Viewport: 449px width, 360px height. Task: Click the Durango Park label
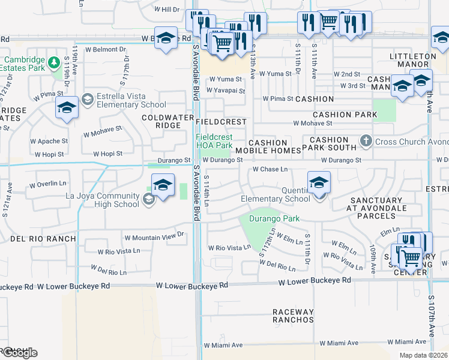274,218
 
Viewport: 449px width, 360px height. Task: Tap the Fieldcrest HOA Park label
214,141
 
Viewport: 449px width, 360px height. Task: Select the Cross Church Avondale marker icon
367,142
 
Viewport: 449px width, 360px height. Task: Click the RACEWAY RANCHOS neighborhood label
293,316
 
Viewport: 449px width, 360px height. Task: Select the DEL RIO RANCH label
43,239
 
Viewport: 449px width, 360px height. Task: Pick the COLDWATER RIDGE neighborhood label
161,121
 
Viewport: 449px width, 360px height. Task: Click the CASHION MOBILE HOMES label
268,146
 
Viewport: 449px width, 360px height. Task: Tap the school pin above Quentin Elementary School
319,182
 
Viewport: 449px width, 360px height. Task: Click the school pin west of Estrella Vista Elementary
67,109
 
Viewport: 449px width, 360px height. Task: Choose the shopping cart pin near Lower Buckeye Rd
411,259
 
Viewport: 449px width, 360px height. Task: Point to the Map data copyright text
424,355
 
